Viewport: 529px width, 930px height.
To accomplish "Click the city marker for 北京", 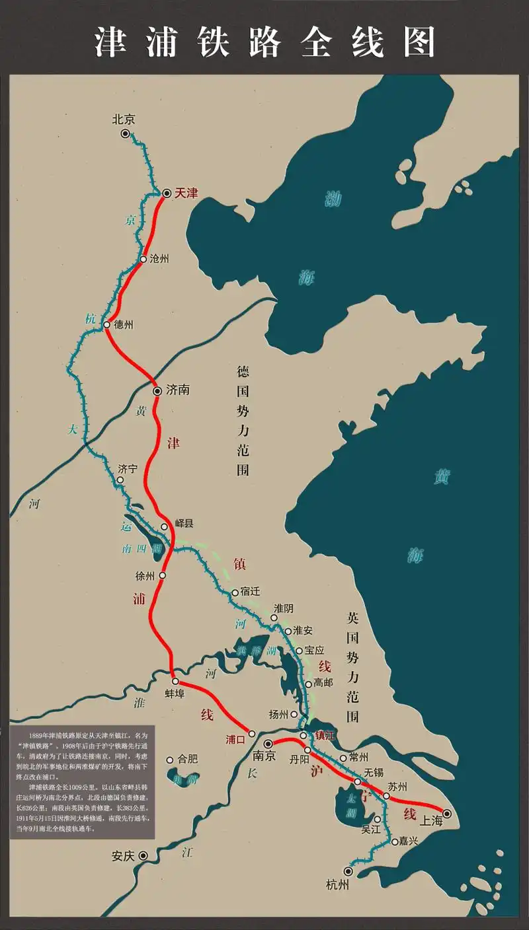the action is pos(125,134).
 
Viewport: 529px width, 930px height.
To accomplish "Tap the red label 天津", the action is pos(186,193).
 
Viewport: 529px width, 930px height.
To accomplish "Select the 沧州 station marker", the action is pos(142,260).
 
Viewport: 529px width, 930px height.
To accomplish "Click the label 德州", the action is pos(124,325).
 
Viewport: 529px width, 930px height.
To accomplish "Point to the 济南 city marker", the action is pos(157,391).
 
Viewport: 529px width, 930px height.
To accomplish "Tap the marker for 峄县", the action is pos(165,527).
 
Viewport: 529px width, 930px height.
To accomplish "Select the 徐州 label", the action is pos(145,576).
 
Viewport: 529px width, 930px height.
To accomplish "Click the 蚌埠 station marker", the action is pos(175,681).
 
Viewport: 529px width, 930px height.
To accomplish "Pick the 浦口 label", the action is pos(235,739).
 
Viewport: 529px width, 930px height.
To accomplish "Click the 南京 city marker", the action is pos(268,744).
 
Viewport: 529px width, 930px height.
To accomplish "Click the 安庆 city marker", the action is pos(143,855).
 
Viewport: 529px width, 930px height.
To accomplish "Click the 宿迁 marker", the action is pos(235,593).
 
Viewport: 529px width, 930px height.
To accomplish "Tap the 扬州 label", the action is pos(279,714).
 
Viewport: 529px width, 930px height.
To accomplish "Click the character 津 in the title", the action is pos(111,42).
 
